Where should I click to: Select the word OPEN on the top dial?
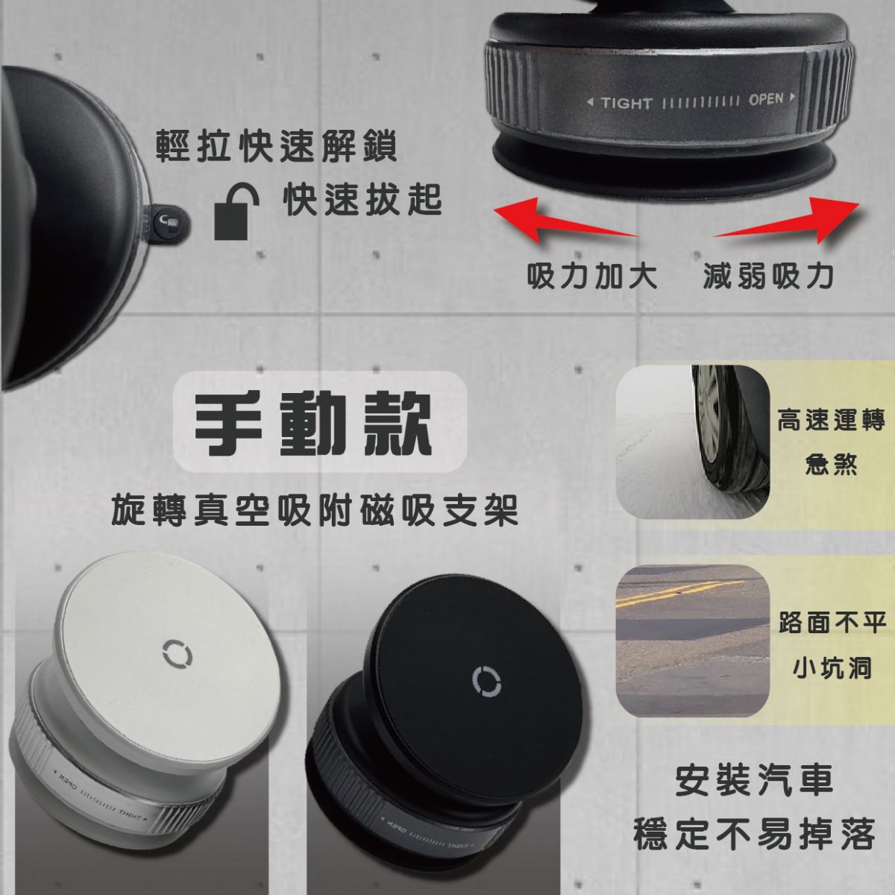point(765,99)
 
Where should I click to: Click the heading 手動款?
point(314,423)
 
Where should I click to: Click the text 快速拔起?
point(362,200)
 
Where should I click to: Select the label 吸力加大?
point(592,276)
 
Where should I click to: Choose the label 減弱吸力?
point(768,276)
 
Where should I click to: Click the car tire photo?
point(692,442)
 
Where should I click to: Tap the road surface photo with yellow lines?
point(692,641)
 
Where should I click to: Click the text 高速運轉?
point(831,421)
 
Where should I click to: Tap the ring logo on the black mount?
point(486,682)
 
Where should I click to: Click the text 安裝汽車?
point(754,781)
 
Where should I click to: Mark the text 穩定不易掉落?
point(754,833)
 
